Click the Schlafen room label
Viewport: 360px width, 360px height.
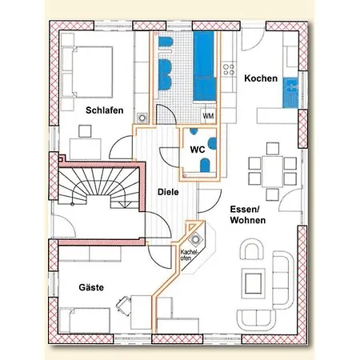[x=105, y=110]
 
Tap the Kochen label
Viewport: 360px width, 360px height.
[x=261, y=78]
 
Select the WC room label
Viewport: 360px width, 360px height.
[x=198, y=150]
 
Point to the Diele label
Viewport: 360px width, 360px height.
[x=168, y=192]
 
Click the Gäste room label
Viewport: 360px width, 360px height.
[x=91, y=287]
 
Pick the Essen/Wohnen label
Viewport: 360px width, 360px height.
[x=248, y=214]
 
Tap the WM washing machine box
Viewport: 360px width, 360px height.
[x=208, y=116]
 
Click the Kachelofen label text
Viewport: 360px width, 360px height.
[x=189, y=254]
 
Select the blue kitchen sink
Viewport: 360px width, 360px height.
[x=290, y=93]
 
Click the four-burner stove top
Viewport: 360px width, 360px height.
[x=229, y=69]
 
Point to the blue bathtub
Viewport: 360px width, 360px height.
[x=204, y=67]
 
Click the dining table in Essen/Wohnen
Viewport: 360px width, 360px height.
[x=272, y=172]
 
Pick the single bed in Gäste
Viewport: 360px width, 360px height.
[x=85, y=320]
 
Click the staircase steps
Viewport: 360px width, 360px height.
[x=98, y=187]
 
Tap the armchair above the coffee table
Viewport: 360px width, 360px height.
[x=251, y=249]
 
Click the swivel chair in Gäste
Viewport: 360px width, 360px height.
[x=124, y=305]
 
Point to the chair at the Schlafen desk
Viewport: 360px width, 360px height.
[x=85, y=131]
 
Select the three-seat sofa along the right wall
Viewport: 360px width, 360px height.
[x=283, y=280]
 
